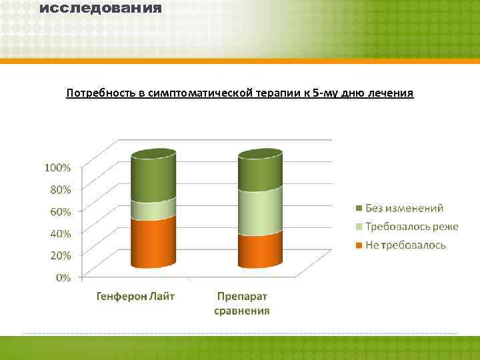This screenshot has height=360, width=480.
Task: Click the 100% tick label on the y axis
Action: pyautogui.click(x=57, y=167)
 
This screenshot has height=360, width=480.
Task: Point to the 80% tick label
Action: pyautogui.click(x=60, y=189)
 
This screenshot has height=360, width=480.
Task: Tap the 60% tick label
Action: pyautogui.click(x=60, y=211)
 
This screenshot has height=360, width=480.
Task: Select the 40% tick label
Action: pyautogui.click(x=60, y=233)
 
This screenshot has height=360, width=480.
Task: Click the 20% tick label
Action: pyautogui.click(x=60, y=255)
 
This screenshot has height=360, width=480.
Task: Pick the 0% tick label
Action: pyautogui.click(x=63, y=277)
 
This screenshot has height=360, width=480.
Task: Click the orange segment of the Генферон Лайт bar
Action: pyautogui.click(x=153, y=243)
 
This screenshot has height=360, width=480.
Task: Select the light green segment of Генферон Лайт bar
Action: pyautogui.click(x=153, y=209)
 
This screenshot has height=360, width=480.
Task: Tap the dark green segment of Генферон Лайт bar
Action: pyautogui.click(x=153, y=177)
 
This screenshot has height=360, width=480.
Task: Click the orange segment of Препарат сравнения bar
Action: pyautogui.click(x=260, y=250)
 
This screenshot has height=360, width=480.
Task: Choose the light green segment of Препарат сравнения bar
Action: pyautogui.click(x=260, y=212)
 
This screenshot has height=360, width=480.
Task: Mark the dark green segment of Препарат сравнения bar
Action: pyautogui.click(x=260, y=172)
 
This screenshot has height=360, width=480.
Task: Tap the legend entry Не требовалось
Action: pyautogui.click(x=405, y=245)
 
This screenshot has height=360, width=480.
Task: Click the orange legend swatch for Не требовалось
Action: pyautogui.click(x=359, y=245)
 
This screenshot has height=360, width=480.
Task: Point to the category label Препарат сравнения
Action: pyautogui.click(x=242, y=303)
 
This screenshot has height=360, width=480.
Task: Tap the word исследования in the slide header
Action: pyautogui.click(x=101, y=9)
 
